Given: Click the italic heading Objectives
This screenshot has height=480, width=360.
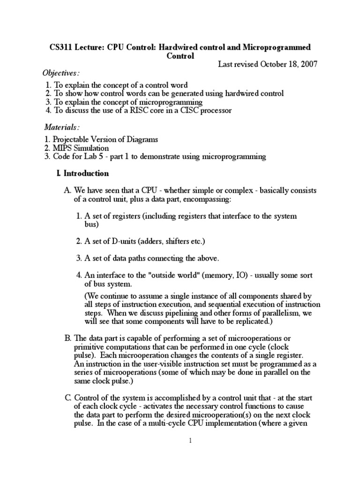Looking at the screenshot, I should (x=61, y=74).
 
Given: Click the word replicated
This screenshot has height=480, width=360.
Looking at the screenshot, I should (x=254, y=322).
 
